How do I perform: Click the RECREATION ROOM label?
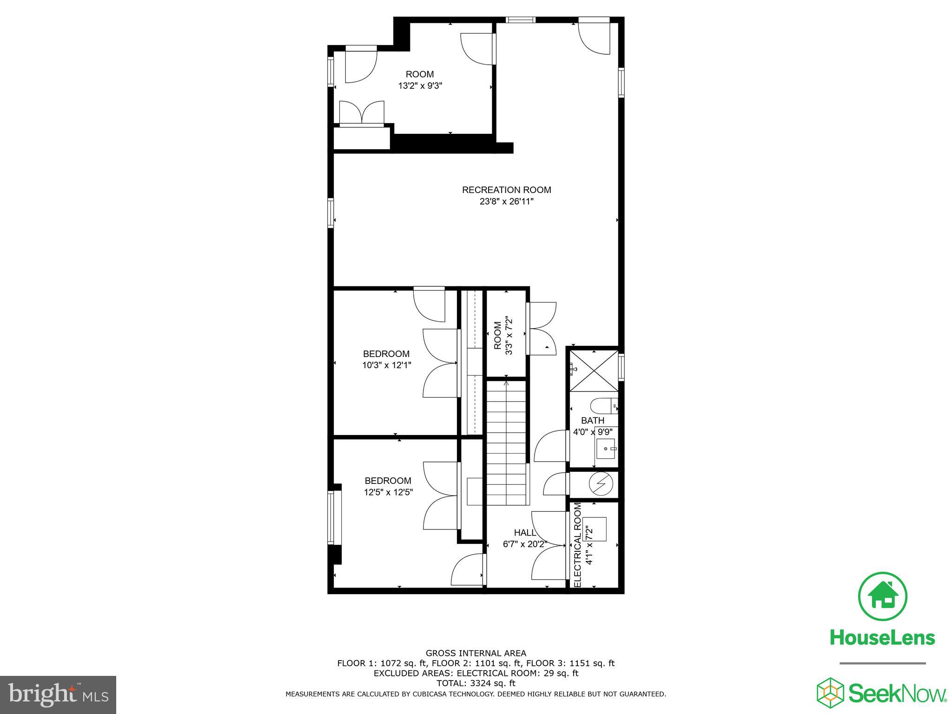[506, 190]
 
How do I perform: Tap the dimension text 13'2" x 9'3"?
[420, 86]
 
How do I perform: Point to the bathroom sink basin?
[606, 449]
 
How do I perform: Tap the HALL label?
[525, 533]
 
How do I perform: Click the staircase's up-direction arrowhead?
[506, 383]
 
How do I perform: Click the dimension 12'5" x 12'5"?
[388, 492]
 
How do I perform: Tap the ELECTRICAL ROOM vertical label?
[578, 545]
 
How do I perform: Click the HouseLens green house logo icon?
[882, 596]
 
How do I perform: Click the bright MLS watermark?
[58, 695]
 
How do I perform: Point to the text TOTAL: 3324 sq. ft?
[476, 683]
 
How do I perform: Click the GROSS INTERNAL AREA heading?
[476, 653]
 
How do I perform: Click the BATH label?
[592, 421]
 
